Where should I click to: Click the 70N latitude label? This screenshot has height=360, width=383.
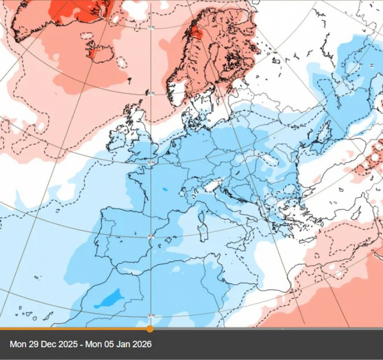tap(151, 28)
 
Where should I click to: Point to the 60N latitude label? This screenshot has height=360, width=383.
tap(151, 93)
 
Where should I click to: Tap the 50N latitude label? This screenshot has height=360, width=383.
tap(151, 163)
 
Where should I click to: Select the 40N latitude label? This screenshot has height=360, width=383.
tap(151, 236)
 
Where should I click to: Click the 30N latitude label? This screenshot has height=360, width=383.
tap(151, 315)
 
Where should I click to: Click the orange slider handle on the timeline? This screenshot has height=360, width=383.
tap(150, 329)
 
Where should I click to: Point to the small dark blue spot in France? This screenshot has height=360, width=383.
tap(165, 189)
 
